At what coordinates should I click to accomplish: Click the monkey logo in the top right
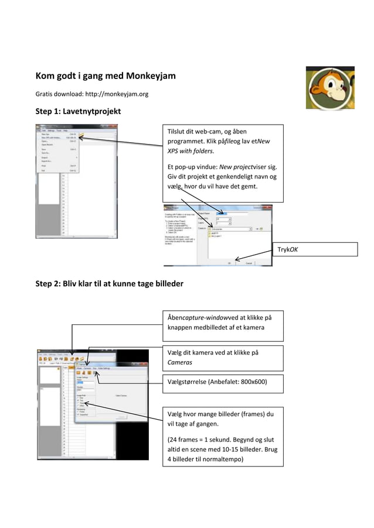329,87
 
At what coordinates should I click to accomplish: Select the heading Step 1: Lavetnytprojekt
78,112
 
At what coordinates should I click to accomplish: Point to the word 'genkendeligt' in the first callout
233,177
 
